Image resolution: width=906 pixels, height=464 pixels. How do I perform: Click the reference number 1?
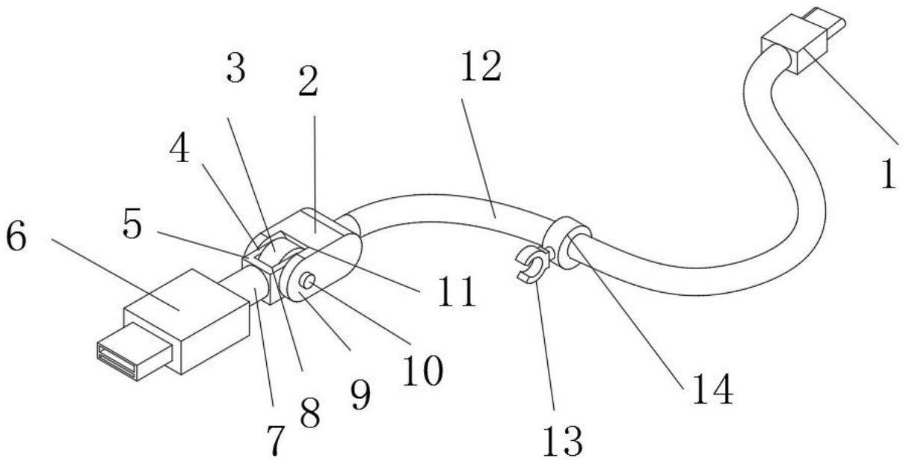coord(887,174)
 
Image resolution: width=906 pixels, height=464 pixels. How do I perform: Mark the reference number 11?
coord(457,292)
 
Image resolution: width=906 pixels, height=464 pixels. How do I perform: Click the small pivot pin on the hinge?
coord(307,280)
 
